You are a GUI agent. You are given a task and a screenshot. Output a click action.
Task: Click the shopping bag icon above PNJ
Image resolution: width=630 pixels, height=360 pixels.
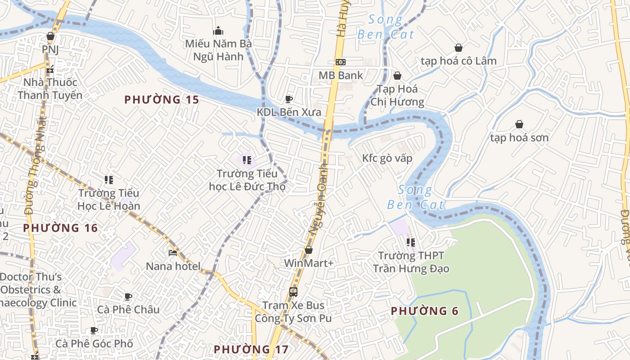click(50, 36)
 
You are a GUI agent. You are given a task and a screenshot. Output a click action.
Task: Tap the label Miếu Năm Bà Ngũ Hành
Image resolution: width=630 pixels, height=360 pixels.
click(218, 50)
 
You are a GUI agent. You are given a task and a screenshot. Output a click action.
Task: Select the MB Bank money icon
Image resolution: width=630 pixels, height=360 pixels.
click(341, 62)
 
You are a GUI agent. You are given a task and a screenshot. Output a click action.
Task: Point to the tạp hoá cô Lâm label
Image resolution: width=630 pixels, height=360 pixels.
click(459, 61)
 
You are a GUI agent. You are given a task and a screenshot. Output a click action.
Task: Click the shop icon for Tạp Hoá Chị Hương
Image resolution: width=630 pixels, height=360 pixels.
click(397, 76)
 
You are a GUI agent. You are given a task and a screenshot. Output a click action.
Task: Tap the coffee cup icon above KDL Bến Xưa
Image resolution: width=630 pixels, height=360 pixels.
click(289, 99)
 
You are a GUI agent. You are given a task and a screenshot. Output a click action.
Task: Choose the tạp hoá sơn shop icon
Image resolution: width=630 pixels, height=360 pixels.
click(519, 124)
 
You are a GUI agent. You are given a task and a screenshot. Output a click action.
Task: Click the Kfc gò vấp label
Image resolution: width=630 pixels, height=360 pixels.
click(387, 158)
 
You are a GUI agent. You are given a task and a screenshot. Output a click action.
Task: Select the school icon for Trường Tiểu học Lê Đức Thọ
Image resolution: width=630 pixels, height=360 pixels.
click(247, 160)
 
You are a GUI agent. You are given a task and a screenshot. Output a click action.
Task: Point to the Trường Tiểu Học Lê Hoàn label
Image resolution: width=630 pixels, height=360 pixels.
click(109, 199)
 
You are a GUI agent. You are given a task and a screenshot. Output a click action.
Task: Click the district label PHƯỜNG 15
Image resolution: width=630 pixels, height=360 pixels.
click(162, 99)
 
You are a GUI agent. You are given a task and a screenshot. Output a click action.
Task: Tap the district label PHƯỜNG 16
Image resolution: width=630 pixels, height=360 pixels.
click(61, 228)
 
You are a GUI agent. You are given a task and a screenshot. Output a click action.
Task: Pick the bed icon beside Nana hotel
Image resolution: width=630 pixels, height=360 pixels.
click(173, 253)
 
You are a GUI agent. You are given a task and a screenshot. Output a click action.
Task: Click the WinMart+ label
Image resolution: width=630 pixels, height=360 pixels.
click(309, 263)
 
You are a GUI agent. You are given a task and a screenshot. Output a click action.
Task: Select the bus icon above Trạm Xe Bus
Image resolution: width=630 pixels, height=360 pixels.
click(293, 292)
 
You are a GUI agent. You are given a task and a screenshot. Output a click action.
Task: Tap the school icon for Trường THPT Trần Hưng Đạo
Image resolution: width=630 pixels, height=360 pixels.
click(410, 243)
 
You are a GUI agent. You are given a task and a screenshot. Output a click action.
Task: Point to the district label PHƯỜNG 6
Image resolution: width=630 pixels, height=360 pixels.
click(424, 311)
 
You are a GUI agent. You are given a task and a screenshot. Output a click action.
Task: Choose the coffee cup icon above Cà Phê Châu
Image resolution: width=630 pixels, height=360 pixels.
click(128, 297)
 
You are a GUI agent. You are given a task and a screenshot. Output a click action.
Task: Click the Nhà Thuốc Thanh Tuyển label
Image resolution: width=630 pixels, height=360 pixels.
click(50, 89)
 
